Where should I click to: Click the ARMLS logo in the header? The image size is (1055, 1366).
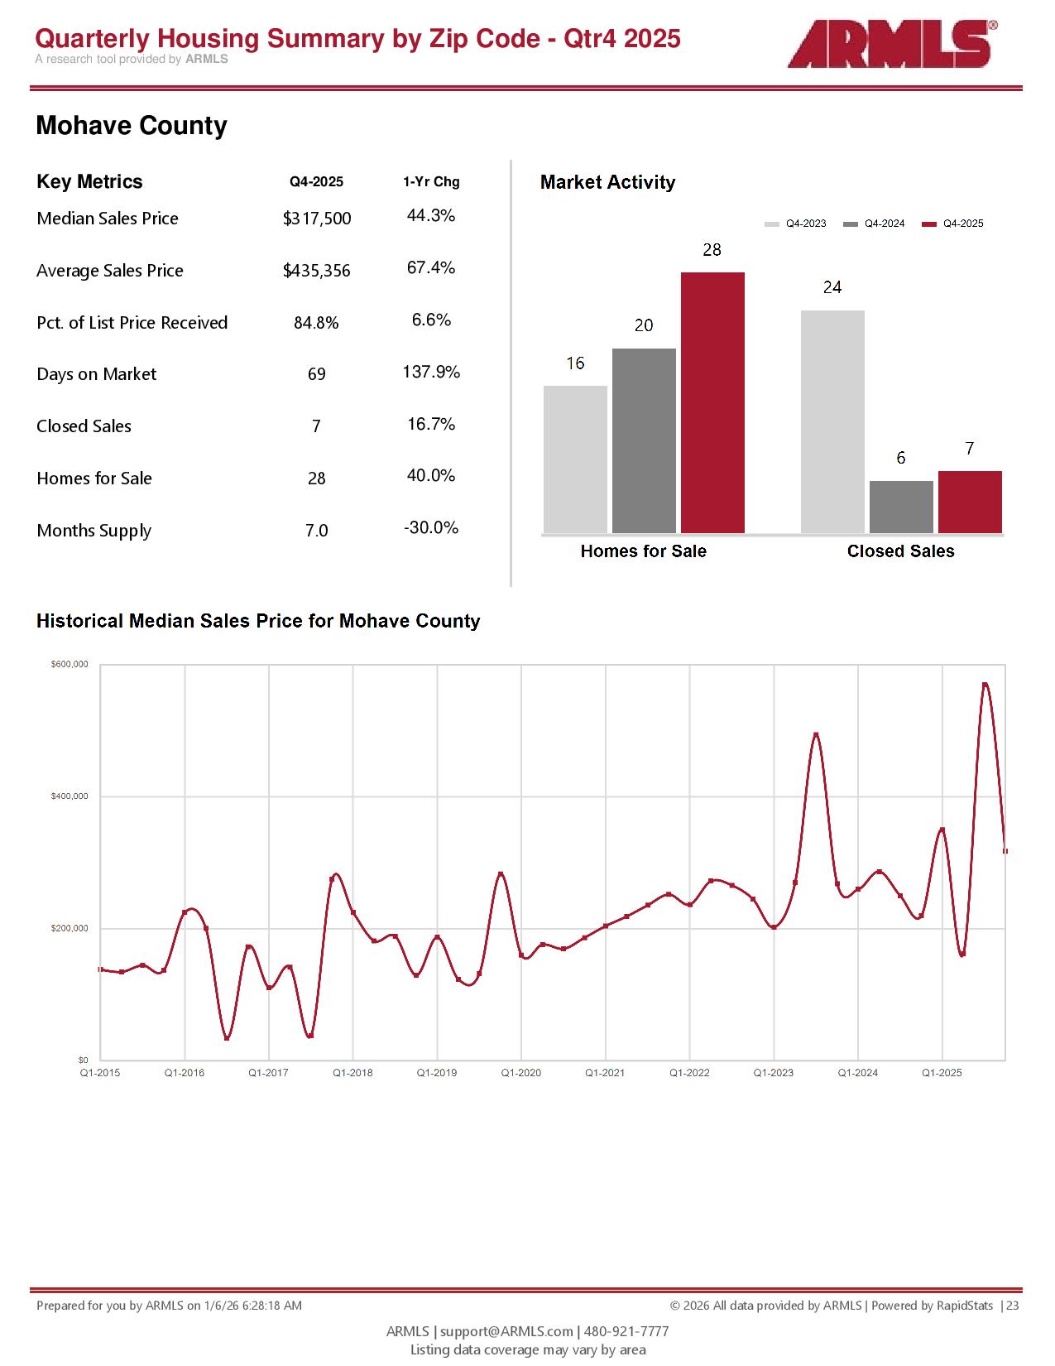pos(891,44)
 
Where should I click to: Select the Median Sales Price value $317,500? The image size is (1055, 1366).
pos(317,219)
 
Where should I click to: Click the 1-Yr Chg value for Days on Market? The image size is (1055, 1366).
pos(431,373)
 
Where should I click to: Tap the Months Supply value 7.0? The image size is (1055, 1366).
pos(317,531)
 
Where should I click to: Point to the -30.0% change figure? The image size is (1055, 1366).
pos(431,528)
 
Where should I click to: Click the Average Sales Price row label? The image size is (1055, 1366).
pos(110,271)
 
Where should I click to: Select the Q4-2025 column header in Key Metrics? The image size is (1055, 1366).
pos(316,182)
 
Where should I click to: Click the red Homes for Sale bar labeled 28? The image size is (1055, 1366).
pos(712,402)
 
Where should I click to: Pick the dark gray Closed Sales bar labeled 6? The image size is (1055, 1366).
pos(901,507)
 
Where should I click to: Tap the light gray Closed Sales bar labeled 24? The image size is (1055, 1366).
pos(832,421)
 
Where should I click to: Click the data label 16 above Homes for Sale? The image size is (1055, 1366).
pos(575,363)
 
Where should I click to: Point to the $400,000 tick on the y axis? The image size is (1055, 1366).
pos(70,796)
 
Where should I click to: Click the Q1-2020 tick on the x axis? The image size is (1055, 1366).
pos(521,1073)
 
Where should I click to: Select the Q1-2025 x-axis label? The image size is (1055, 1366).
pos(942,1073)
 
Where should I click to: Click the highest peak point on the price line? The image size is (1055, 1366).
pos(985,685)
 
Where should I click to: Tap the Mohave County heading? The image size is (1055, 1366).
pos(132,126)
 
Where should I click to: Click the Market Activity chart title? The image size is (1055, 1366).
pos(607,183)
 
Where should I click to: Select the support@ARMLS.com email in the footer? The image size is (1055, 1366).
pos(506,1331)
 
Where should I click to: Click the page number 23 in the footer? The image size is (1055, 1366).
pos(1013,1306)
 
